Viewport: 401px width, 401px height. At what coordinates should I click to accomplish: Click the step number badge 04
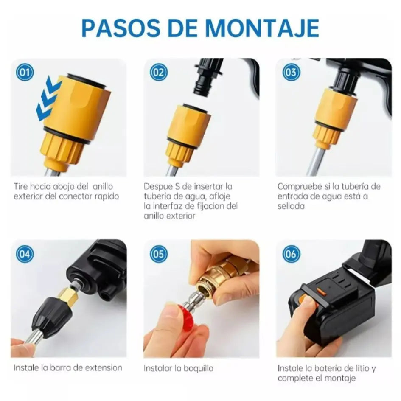point(25,254)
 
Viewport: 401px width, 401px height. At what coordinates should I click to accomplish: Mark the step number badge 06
point(291,254)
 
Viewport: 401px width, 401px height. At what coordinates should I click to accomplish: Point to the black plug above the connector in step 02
point(207,79)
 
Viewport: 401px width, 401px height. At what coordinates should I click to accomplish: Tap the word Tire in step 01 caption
point(21,186)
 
